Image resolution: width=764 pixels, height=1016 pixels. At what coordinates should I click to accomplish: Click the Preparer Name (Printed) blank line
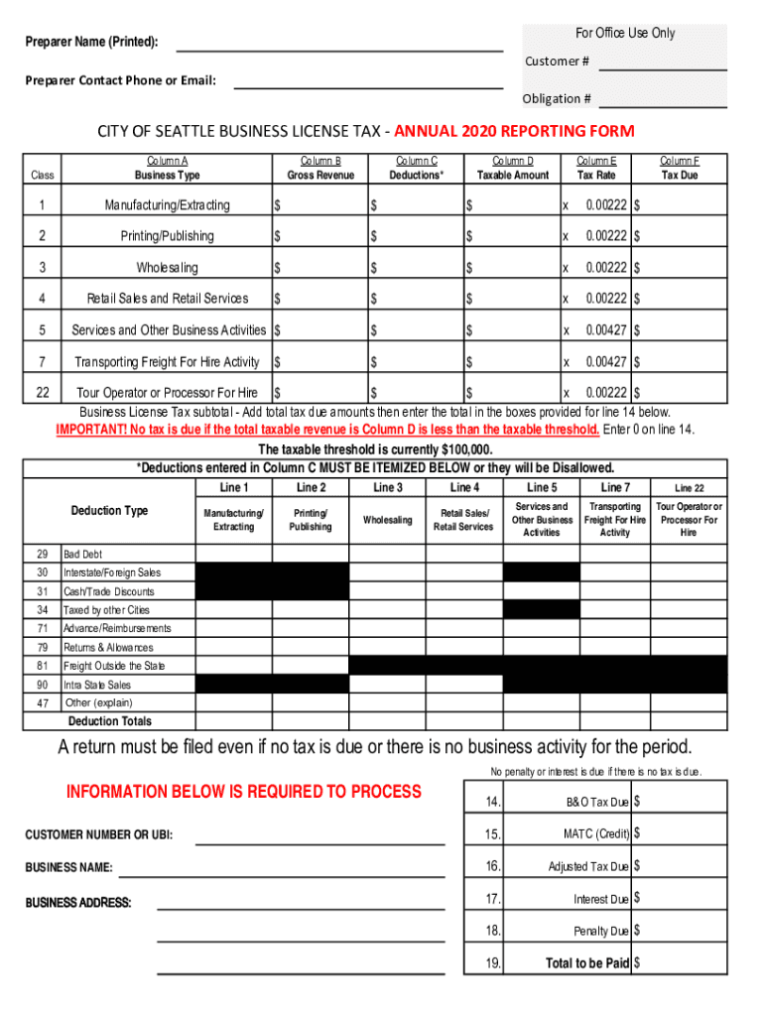pos(339,48)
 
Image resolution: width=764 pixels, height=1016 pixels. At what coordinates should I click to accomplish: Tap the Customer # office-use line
pos(663,66)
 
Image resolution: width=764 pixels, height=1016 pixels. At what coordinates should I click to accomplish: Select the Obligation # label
pos(557,99)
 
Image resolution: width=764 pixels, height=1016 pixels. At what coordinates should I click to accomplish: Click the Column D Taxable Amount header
pos(513,168)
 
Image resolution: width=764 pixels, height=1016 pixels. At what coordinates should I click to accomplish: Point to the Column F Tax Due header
pos(680,168)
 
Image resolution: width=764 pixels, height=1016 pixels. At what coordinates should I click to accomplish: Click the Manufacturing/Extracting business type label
pos(167,205)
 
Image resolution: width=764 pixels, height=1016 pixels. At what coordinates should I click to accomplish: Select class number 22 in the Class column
pos(43,393)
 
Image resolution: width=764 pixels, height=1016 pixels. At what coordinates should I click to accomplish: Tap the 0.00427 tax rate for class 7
pos(606,362)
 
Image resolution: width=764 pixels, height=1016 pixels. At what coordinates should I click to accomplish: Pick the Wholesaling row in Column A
pos(167,268)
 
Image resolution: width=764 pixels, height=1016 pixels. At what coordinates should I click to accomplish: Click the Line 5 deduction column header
pos(542,487)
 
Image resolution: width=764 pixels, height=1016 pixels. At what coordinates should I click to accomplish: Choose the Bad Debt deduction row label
pos(82,554)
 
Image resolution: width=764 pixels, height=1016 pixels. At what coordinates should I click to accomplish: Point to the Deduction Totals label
pos(110,721)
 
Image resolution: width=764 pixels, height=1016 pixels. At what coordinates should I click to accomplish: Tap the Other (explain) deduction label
pos(97,702)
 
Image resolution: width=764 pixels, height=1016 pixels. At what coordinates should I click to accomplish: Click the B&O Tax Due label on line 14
pos(590,803)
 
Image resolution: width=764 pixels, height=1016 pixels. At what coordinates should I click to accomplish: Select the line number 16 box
pos(493,866)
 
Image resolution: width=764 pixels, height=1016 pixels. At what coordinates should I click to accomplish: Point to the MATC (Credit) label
pos(596,834)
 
